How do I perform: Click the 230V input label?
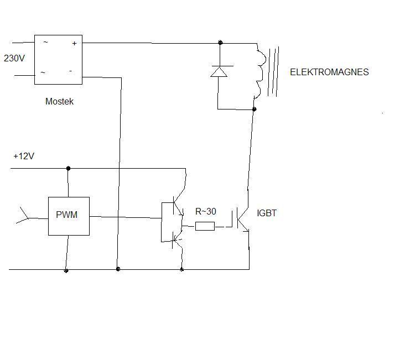click(x=14, y=58)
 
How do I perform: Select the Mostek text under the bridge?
click(x=59, y=101)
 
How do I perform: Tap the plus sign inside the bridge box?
click(x=75, y=43)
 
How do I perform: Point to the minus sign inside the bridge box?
click(x=70, y=71)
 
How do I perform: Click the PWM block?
click(x=69, y=216)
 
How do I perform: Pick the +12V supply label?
click(x=24, y=156)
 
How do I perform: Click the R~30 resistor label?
click(x=205, y=211)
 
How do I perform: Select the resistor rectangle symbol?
click(x=205, y=226)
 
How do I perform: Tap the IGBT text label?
click(x=267, y=213)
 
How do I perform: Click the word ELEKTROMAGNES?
click(x=329, y=72)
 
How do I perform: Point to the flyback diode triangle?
click(x=219, y=71)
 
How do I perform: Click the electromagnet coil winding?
click(x=260, y=71)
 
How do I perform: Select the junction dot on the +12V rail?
click(x=68, y=168)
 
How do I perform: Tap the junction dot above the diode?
click(x=220, y=43)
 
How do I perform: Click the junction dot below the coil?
click(x=254, y=109)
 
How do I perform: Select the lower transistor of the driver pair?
click(x=177, y=241)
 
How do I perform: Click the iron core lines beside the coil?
click(x=273, y=71)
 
